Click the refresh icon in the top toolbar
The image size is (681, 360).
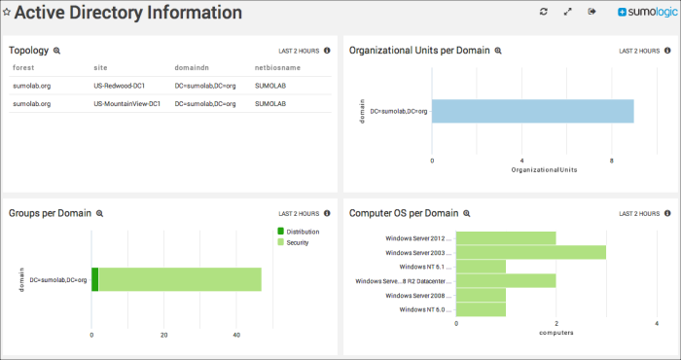tap(544, 12)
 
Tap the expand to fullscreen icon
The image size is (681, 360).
tap(567, 12)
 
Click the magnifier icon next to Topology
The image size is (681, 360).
tap(56, 51)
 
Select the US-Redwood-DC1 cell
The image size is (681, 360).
tap(119, 86)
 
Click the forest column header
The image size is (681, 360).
tap(24, 69)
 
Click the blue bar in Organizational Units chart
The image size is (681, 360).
tap(533, 111)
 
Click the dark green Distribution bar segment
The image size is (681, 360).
tap(95, 280)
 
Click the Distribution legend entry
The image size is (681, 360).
tap(302, 232)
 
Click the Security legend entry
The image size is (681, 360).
tap(297, 242)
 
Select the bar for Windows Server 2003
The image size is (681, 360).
tap(531, 252)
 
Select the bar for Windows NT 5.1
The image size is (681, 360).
tap(481, 266)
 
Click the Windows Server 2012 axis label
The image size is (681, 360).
tap(418, 237)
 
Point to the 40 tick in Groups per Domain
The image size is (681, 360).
tap(236, 336)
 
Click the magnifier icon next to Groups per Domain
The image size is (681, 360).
tap(99, 213)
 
